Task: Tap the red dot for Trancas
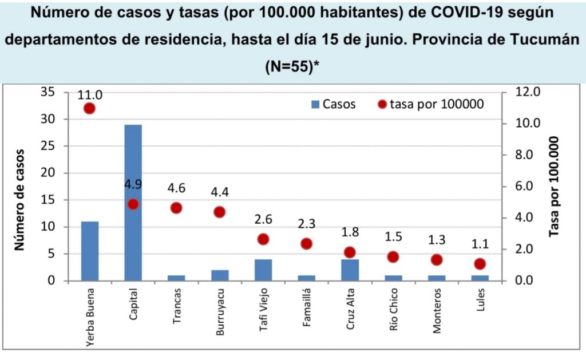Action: (x=176, y=208)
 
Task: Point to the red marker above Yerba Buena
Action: (x=89, y=108)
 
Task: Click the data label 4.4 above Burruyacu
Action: (x=220, y=191)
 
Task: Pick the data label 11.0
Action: (x=90, y=94)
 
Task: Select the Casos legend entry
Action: (x=334, y=104)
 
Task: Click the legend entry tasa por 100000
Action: (x=431, y=104)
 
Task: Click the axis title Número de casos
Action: (x=21, y=199)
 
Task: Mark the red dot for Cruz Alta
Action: (x=350, y=252)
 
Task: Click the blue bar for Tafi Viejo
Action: (x=263, y=270)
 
